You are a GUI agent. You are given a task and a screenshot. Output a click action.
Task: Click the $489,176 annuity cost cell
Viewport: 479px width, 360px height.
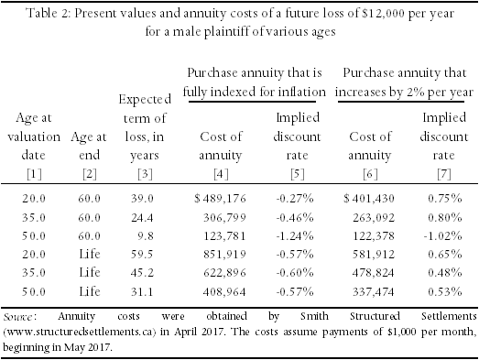[220, 199]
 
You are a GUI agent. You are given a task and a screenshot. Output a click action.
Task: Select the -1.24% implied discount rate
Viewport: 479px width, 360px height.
[295, 236]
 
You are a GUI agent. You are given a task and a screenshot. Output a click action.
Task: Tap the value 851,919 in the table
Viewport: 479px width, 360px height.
[224, 255]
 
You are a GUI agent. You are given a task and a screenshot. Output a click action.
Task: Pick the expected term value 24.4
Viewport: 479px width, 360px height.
[142, 218]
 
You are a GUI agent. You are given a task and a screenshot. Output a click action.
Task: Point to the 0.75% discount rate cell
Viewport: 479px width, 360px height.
[445, 199]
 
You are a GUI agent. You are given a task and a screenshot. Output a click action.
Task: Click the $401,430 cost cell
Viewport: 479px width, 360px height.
[369, 199]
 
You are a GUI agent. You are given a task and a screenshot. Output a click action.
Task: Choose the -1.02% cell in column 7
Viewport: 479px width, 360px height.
[442, 236]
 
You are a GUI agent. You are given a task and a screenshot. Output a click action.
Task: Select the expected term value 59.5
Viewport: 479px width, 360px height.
[142, 255]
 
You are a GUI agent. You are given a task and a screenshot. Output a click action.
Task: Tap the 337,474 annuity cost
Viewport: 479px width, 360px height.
[374, 292]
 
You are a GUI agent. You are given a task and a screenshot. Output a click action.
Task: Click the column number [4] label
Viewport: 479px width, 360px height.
[221, 174]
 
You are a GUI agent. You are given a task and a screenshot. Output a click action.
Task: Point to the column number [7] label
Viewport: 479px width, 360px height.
[444, 174]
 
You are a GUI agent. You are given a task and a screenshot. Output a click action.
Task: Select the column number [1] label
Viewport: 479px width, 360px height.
[34, 174]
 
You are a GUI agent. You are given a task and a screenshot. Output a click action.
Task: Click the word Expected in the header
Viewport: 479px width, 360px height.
[145, 100]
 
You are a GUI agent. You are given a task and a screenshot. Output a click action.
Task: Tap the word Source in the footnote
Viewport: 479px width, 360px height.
[18, 317]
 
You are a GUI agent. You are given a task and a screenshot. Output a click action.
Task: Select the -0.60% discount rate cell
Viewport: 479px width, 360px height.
[295, 273]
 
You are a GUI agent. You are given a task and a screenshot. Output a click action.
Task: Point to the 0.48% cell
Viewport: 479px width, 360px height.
[445, 273]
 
